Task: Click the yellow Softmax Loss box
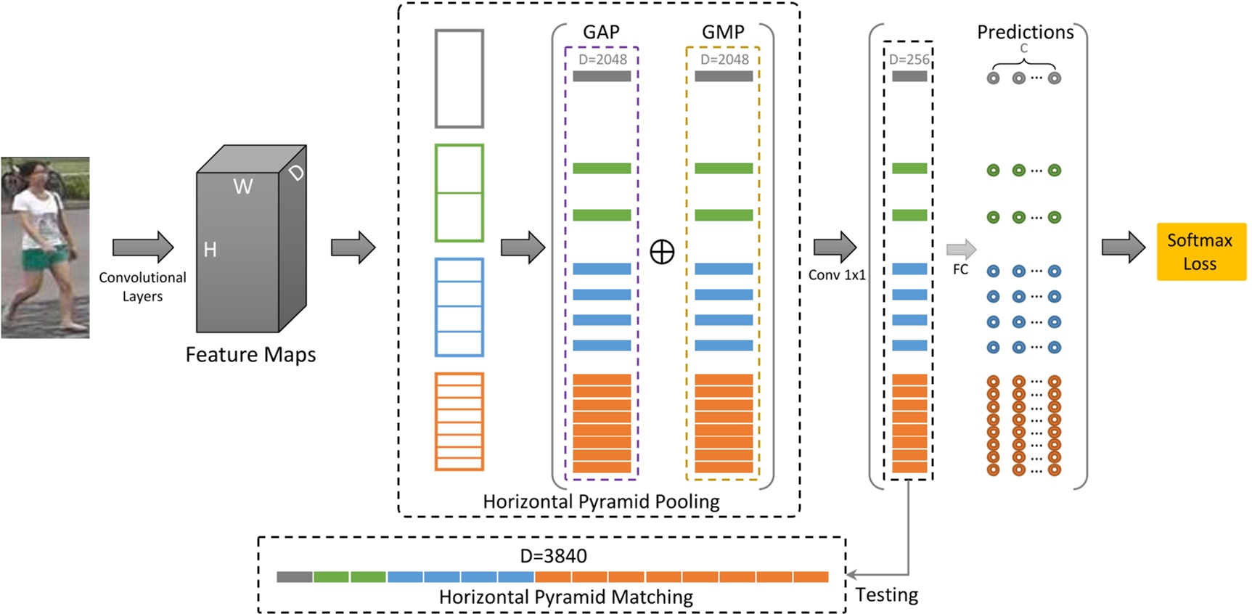(x=1200, y=252)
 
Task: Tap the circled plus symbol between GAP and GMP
(x=662, y=252)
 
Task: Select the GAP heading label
(x=601, y=33)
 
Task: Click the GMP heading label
(x=723, y=33)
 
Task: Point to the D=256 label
(x=909, y=60)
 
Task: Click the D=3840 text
(x=553, y=556)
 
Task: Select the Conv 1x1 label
(x=837, y=275)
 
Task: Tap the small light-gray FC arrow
(x=961, y=249)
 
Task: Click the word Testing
(x=886, y=595)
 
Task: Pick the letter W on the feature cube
(x=243, y=187)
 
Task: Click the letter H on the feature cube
(x=210, y=250)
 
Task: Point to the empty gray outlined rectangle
(x=459, y=78)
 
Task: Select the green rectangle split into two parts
(x=459, y=193)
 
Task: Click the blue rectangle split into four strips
(x=459, y=307)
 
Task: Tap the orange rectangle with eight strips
(x=459, y=422)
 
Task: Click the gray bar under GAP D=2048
(x=601, y=76)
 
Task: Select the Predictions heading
(x=1025, y=33)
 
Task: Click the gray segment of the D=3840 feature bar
(x=294, y=577)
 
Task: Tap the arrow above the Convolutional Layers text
(x=143, y=247)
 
